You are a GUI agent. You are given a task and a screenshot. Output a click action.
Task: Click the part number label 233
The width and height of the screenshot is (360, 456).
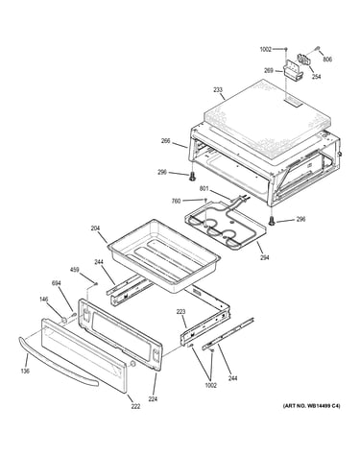(x=218, y=90)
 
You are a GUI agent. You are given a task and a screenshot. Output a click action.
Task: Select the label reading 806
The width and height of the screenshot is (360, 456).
(x=327, y=60)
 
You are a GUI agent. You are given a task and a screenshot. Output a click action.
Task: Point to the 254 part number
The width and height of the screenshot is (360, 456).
(x=316, y=77)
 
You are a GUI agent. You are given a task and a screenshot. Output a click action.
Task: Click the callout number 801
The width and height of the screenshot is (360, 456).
(x=204, y=188)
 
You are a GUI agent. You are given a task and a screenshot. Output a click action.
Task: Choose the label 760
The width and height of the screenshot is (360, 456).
(x=177, y=201)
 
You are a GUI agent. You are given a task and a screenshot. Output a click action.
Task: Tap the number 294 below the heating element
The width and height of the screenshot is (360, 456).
(x=264, y=257)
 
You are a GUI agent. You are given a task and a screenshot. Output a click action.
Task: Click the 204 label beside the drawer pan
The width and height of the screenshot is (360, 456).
(x=95, y=228)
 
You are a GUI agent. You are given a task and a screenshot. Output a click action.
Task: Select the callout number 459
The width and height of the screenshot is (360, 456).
(x=75, y=270)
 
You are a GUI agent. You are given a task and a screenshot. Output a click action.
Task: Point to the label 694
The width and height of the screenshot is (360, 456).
(x=57, y=283)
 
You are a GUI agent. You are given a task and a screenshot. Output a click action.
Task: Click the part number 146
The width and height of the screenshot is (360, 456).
(x=44, y=300)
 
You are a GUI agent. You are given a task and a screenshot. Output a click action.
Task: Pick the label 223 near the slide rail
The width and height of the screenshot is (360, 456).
(x=180, y=312)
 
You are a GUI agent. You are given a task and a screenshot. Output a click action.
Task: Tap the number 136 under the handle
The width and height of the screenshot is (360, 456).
(x=25, y=371)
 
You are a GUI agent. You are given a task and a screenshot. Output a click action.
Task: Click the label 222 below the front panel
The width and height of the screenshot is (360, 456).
(x=135, y=407)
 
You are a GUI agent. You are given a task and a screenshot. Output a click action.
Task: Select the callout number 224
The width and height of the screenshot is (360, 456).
(x=153, y=399)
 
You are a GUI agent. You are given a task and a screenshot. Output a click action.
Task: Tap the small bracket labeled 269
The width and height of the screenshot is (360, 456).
(x=292, y=71)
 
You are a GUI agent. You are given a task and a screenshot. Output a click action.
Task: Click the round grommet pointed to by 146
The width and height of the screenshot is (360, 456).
(x=64, y=319)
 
